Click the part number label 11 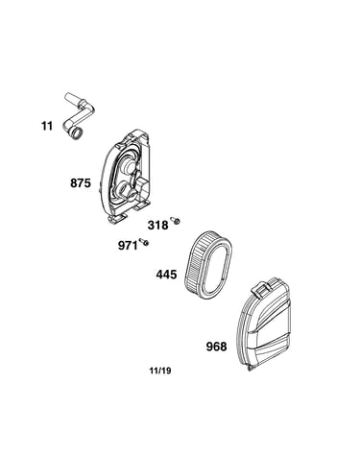(x=47, y=126)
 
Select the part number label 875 (x=81, y=183)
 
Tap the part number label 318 (x=157, y=226)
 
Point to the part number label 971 (x=128, y=246)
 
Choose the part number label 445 (x=166, y=275)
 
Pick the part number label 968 (x=216, y=347)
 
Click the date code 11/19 (x=160, y=371)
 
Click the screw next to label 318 (x=176, y=220)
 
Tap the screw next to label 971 (x=144, y=242)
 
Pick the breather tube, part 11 (x=78, y=117)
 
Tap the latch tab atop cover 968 (x=261, y=287)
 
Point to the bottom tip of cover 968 (x=250, y=370)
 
